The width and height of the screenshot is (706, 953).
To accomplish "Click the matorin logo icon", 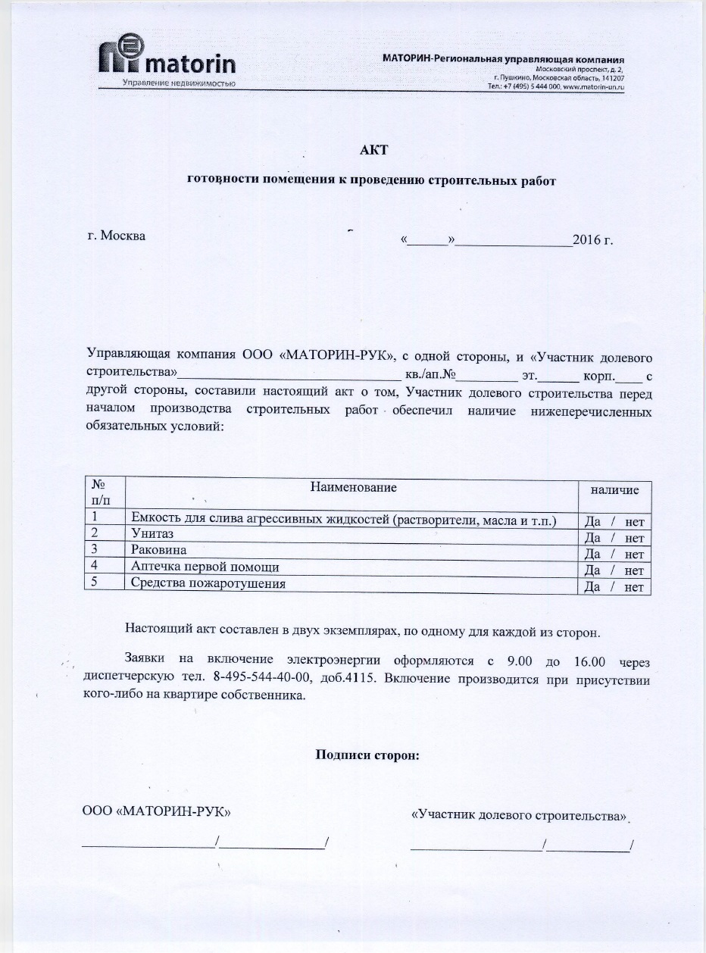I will [121, 57].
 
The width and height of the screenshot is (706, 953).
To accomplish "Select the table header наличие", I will [614, 490].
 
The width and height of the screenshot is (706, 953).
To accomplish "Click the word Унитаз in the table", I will [152, 534].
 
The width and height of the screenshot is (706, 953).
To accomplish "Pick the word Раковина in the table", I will [158, 549].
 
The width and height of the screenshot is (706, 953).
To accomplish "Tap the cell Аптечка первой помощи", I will [205, 567].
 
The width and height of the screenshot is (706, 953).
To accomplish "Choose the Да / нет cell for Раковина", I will [614, 555].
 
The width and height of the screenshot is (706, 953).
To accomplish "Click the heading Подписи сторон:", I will [367, 755].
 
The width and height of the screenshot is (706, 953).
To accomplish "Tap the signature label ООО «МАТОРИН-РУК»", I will [156, 812].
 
